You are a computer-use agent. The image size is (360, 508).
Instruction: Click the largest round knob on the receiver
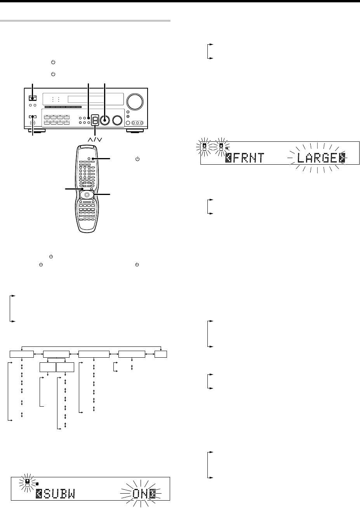pyautogui.click(x=135, y=101)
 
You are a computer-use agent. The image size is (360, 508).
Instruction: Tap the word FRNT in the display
pyautogui.click(x=249, y=158)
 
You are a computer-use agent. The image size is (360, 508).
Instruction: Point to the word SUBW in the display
pyautogui.click(x=59, y=494)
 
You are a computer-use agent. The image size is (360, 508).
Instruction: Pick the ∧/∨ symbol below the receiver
pyautogui.click(x=95, y=140)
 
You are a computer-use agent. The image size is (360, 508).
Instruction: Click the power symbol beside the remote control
pyautogui.click(x=137, y=159)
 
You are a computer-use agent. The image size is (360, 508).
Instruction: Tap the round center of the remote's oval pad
pyautogui.click(x=87, y=195)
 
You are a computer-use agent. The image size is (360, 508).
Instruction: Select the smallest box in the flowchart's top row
pyautogui.click(x=161, y=354)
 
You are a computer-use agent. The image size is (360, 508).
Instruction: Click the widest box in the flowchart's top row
pyautogui.click(x=94, y=354)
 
